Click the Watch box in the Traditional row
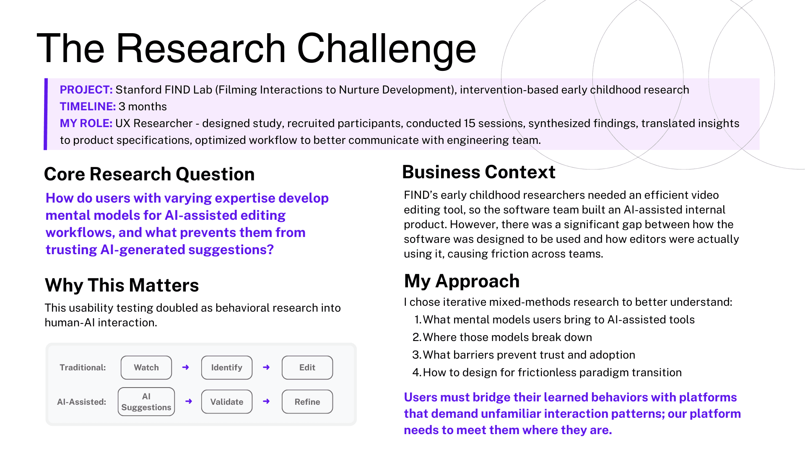(146, 367)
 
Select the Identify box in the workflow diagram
(227, 367)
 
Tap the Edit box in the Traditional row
(307, 367)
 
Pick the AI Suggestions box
(146, 402)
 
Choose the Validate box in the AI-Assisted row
(227, 402)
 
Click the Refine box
(307, 402)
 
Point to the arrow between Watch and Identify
(186, 367)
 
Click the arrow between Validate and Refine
(266, 401)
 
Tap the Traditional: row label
(83, 367)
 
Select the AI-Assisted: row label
(82, 402)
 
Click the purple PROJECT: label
(86, 90)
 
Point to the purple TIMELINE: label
(88, 107)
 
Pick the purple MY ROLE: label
(86, 123)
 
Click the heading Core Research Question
(149, 174)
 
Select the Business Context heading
(479, 172)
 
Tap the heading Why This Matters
(122, 285)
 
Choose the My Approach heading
(462, 281)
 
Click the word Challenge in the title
(386, 49)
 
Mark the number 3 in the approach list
(416, 355)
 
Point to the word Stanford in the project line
(138, 90)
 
